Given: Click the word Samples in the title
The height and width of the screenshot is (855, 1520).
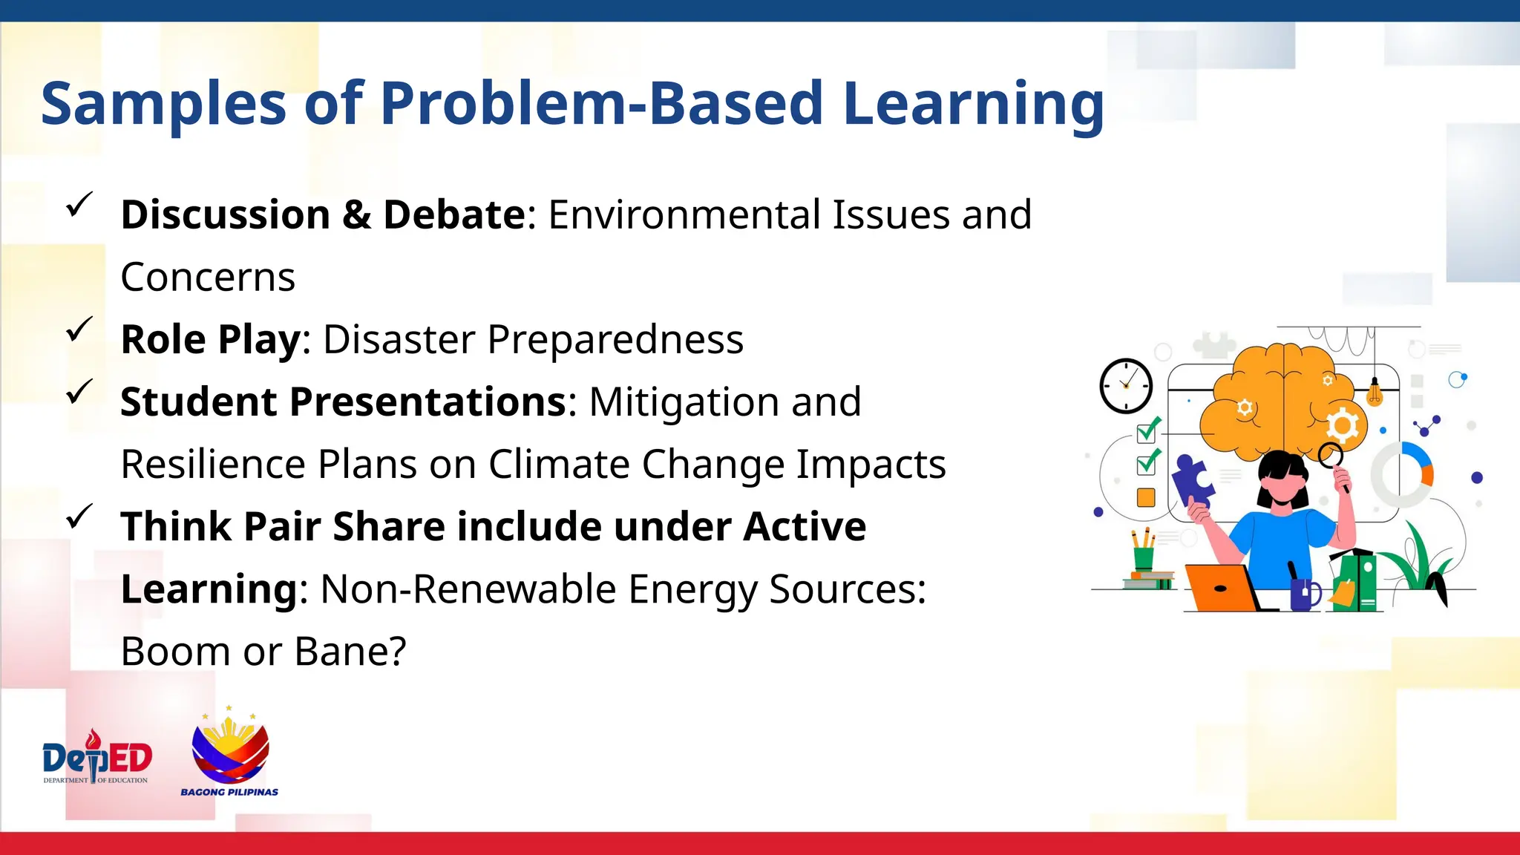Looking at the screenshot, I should [x=163, y=104].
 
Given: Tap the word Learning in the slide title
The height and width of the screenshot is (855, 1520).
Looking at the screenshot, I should [x=974, y=104].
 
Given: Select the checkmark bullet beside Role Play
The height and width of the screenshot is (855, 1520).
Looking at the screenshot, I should [x=79, y=329].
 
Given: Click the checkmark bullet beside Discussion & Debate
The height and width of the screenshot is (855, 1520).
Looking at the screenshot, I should [x=79, y=204].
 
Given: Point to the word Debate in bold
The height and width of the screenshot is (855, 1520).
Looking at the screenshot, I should [x=454, y=215].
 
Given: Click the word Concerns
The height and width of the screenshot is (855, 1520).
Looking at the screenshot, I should [x=208, y=278].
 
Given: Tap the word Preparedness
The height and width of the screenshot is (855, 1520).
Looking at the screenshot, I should [x=615, y=340].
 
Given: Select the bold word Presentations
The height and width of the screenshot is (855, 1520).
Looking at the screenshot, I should [x=428, y=402].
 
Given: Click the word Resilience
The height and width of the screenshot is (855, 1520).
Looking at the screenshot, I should [x=213, y=465].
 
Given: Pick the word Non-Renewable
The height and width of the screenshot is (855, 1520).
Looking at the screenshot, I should [x=468, y=589].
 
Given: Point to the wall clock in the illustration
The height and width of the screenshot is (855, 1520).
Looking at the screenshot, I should [x=1126, y=386].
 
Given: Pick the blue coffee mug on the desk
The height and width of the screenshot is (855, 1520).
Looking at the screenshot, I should [x=1304, y=594].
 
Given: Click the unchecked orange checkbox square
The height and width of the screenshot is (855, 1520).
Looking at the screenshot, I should [x=1146, y=497].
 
